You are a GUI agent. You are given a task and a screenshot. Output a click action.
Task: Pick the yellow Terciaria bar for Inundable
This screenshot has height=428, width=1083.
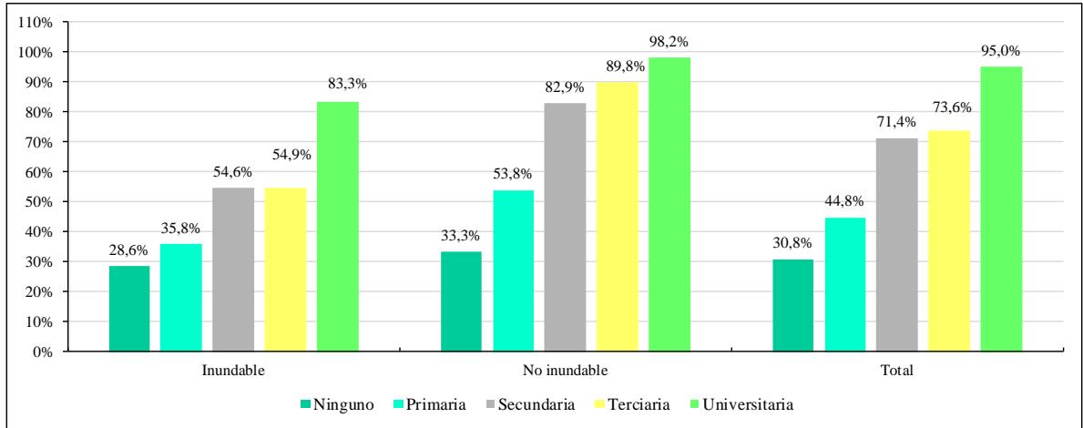point(285,270)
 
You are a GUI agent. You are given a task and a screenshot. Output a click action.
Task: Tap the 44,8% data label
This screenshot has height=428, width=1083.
point(846,203)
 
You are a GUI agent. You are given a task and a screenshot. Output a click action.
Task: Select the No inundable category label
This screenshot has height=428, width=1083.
point(565,372)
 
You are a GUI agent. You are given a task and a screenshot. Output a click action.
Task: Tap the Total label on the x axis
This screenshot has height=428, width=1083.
point(897,372)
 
